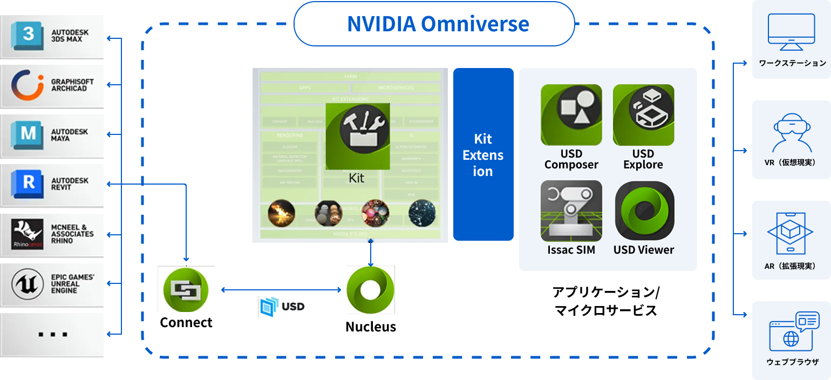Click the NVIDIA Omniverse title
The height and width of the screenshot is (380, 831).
438,24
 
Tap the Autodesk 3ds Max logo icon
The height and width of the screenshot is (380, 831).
29,35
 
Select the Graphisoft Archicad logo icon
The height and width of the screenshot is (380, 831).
28,85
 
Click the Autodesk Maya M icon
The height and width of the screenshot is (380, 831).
29,134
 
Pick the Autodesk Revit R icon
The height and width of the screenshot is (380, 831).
29,184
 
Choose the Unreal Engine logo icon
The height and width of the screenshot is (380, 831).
28,283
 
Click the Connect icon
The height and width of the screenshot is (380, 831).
186,290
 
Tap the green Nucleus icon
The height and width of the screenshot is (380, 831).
371,290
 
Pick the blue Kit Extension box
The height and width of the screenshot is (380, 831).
483,154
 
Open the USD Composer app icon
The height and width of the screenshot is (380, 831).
571,114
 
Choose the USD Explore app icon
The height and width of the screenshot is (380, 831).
643,114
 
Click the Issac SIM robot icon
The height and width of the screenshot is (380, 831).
571,211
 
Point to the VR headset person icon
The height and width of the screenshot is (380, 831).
792,133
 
